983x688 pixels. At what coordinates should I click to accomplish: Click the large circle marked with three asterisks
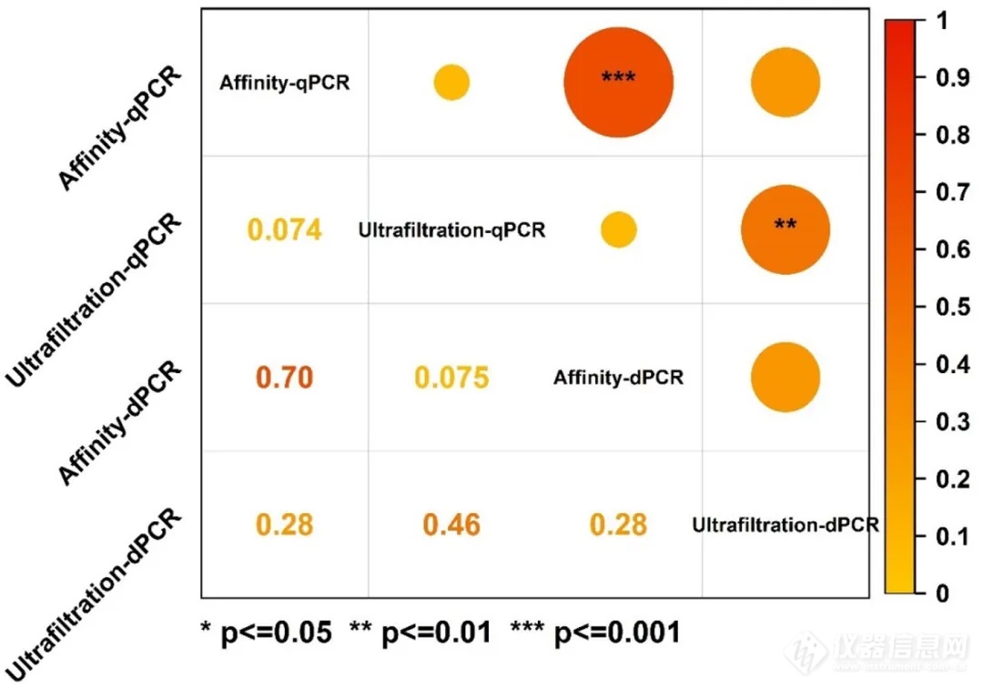tap(619, 83)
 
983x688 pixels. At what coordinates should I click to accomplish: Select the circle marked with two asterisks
tap(785, 229)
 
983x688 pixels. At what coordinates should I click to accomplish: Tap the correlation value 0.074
tap(284, 230)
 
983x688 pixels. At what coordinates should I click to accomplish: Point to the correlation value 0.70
tap(284, 378)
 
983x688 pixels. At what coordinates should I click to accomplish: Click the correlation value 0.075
tap(452, 378)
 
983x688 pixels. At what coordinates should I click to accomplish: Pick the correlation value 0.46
tap(451, 525)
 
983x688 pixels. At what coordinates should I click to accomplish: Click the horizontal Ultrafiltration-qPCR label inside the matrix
tap(452, 230)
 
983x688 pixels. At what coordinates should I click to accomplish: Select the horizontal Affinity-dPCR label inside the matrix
tap(618, 377)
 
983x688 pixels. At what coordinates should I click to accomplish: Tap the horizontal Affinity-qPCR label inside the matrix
tap(285, 84)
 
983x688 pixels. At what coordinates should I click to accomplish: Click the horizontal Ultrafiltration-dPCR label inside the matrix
tap(785, 525)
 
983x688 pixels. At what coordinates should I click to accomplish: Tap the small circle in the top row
tap(451, 83)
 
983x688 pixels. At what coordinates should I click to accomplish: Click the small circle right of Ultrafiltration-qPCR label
tap(619, 229)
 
